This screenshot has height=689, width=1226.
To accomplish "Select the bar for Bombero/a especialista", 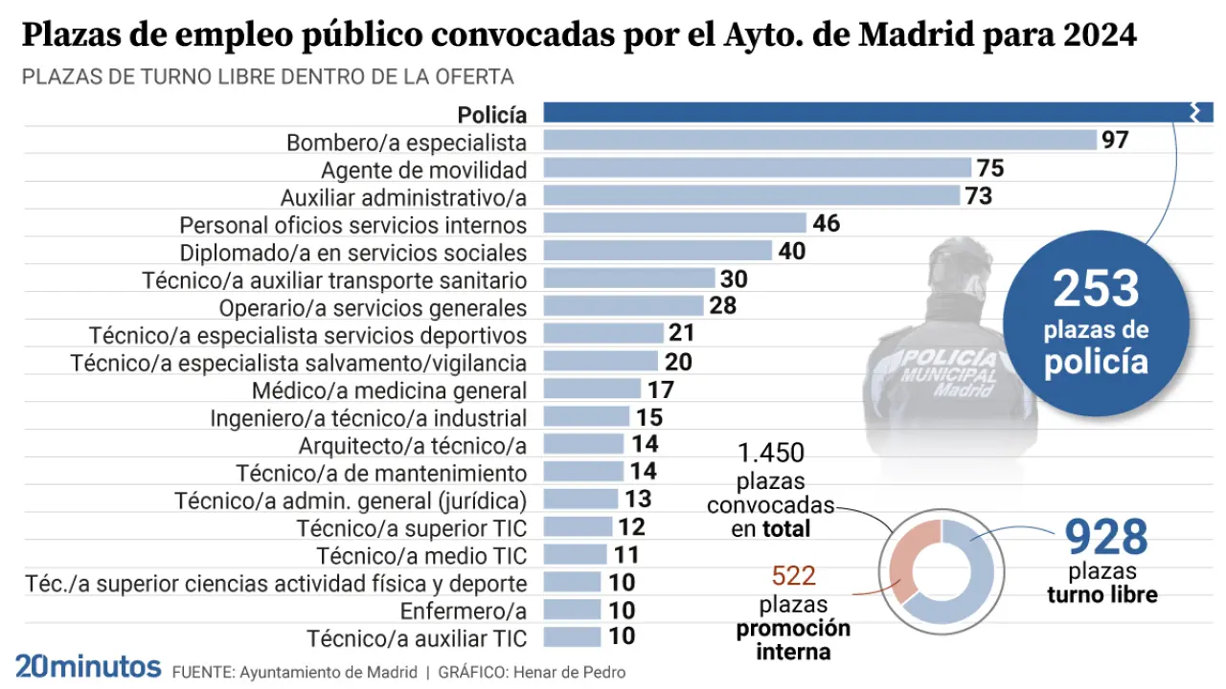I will (x=820, y=141).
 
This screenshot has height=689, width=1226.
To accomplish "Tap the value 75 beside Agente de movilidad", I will (x=990, y=168).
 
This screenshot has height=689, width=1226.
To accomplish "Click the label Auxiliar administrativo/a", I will (x=403, y=197).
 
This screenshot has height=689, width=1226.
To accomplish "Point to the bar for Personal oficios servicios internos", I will (x=675, y=224).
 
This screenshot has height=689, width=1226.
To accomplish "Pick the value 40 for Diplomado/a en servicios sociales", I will (x=791, y=252).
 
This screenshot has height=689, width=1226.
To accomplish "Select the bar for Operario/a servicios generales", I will (x=624, y=306).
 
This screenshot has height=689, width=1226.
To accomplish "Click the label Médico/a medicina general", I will (x=389, y=390).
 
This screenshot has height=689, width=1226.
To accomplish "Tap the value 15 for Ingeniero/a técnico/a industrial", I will (x=649, y=417).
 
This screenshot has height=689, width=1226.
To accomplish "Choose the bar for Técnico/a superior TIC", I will (x=578, y=526).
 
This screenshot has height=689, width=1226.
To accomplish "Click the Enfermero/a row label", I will (x=464, y=611).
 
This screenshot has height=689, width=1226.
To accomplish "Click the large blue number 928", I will (x=1106, y=538).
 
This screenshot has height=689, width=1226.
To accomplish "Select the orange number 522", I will (x=793, y=576).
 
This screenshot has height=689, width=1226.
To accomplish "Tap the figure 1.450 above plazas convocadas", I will (x=771, y=454).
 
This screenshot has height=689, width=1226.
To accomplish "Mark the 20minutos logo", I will (x=88, y=667).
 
